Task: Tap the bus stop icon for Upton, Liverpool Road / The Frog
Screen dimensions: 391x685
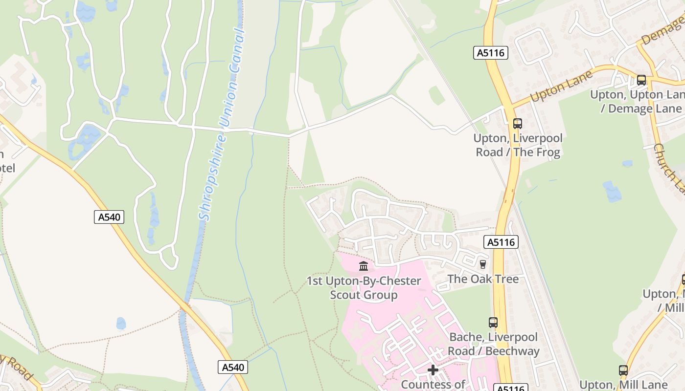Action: coord(518,124)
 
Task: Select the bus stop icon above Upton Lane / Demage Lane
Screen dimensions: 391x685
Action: coord(641,80)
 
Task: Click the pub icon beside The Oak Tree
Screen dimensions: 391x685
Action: coord(483,264)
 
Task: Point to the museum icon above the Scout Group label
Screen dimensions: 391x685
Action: coord(364,266)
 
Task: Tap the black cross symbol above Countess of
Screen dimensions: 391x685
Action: coord(433,370)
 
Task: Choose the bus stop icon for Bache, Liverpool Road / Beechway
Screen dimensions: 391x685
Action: coord(493,323)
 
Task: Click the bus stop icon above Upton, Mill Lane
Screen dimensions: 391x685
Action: coord(623,370)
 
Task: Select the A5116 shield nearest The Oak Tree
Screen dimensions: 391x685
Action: coord(501,241)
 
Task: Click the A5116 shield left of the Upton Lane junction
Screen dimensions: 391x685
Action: coord(491,53)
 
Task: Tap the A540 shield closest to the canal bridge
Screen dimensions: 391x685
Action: coord(232,367)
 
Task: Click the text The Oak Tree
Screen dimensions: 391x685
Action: coord(483,279)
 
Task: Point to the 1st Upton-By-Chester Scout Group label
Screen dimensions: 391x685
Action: coord(364,288)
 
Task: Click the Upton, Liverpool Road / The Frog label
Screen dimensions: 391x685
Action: coord(518,145)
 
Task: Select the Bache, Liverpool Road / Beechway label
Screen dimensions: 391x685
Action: coord(493,344)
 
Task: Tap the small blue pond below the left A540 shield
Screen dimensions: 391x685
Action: coord(121,324)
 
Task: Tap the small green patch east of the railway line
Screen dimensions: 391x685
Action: coord(437,95)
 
